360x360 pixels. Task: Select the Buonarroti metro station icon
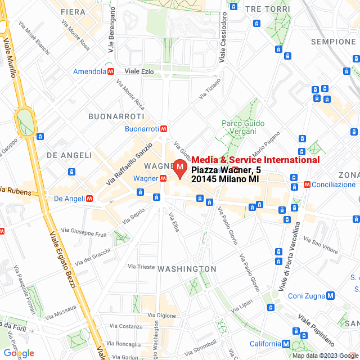(x=164, y=129)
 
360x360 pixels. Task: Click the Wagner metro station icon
(x=163, y=178)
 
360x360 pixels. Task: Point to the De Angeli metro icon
(x=89, y=198)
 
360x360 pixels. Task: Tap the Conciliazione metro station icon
(x=307, y=184)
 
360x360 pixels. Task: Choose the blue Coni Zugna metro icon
(x=331, y=296)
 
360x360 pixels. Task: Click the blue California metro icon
(x=286, y=344)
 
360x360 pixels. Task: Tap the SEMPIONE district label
(x=335, y=42)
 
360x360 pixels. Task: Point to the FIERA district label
(x=73, y=11)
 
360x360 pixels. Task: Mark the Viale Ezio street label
(x=139, y=71)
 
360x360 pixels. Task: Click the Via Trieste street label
(x=141, y=266)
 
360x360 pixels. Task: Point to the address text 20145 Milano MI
(x=225, y=179)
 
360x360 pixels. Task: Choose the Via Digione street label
(x=162, y=316)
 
